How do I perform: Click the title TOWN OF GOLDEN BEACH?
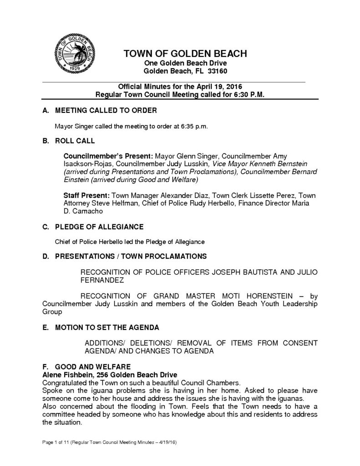coord(185,54)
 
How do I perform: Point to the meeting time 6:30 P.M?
coord(248,95)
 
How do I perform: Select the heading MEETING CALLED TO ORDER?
coord(106,111)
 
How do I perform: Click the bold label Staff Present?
coord(84,195)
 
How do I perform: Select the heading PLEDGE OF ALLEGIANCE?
coord(99,227)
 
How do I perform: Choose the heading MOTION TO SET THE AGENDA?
coord(107,327)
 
